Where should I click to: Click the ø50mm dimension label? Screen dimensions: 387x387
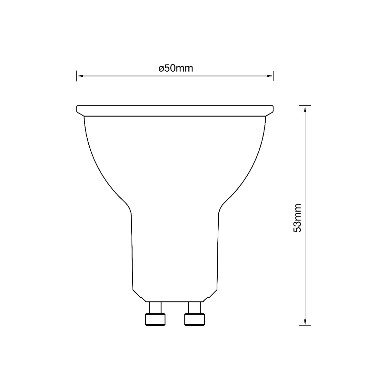[176, 68]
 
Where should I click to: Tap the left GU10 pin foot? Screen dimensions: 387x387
[155, 319]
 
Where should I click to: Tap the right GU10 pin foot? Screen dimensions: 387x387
[194, 319]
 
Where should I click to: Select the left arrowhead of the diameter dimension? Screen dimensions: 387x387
[80, 76]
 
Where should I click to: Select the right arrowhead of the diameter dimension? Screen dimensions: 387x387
[270, 76]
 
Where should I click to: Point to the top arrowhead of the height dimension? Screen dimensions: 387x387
[305, 109]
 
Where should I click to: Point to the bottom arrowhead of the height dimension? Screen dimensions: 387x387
[305, 322]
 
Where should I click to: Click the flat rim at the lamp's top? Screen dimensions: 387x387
[175, 111]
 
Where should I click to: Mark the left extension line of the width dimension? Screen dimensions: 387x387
[76, 76]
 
